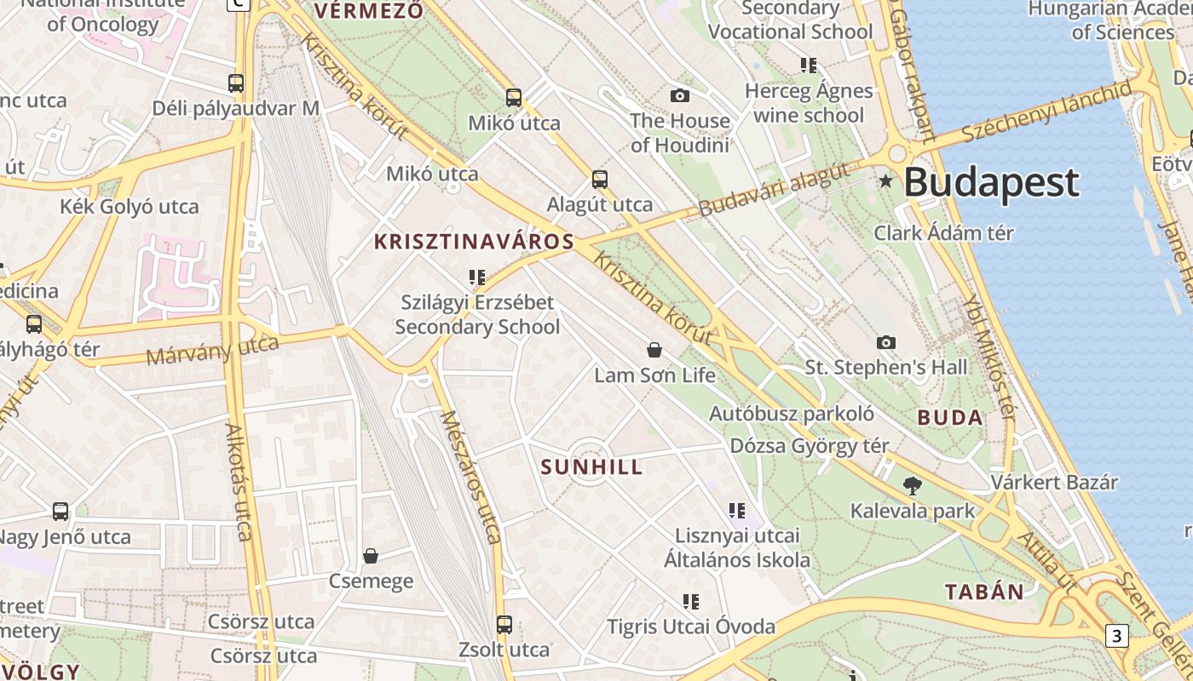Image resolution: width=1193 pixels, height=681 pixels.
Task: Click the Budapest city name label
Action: [991, 182]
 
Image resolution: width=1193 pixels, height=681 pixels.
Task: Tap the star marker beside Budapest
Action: [886, 180]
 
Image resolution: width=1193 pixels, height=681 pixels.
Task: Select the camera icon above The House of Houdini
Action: [679, 95]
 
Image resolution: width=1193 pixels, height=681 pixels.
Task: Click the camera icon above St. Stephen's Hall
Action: [886, 342]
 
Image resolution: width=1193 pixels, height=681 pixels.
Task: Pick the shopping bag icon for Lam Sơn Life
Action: [654, 350]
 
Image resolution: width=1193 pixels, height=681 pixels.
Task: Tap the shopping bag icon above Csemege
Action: [371, 556]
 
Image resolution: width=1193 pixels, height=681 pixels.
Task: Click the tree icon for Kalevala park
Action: [913, 486]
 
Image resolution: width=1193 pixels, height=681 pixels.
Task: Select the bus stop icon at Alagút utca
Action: [600, 180]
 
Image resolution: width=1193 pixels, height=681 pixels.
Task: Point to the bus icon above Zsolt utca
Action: [504, 625]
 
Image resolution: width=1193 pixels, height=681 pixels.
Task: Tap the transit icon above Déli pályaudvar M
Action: [236, 83]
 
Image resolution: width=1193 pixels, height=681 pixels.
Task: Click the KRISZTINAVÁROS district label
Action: [474, 242]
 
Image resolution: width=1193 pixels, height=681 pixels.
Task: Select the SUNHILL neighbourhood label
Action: [591, 466]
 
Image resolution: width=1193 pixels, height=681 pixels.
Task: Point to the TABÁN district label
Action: [984, 592]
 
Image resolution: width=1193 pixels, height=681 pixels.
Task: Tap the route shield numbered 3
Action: [1117, 635]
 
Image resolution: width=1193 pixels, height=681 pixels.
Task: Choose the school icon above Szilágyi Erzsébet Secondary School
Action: [476, 278]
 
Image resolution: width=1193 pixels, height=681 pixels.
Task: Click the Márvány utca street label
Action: [213, 349]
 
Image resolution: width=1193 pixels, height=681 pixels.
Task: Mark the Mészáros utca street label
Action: [470, 477]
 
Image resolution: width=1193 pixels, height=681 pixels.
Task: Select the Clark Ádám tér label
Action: [943, 232]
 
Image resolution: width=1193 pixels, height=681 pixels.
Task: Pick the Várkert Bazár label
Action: [1053, 482]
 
